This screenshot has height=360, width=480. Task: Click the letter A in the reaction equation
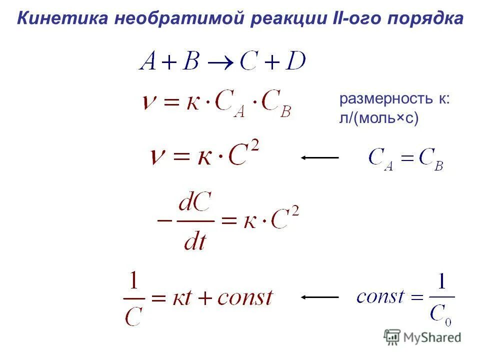click(148, 62)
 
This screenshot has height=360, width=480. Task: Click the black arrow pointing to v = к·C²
click(320, 157)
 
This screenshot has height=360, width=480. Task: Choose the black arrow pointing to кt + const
click(320, 297)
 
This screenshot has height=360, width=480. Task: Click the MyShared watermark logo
click(422, 336)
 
